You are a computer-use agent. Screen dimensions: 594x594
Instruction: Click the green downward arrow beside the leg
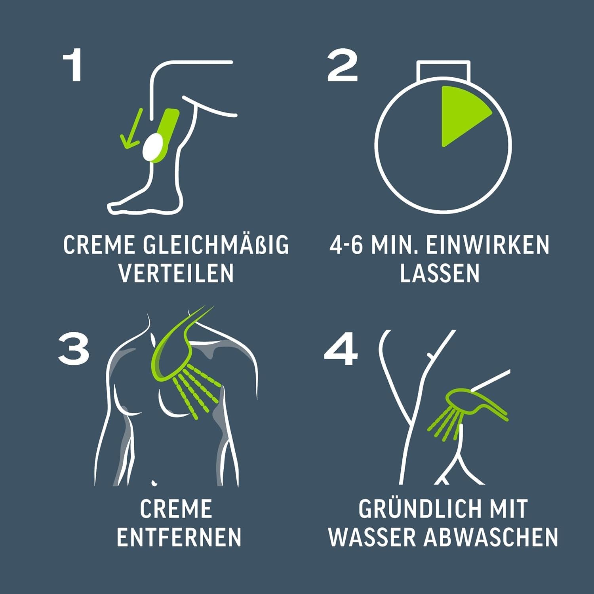[131, 129]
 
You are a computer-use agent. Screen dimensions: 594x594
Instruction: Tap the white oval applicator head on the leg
[152, 146]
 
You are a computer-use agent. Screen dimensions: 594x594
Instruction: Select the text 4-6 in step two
[346, 245]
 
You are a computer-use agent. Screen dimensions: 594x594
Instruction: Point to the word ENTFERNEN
[179, 537]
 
